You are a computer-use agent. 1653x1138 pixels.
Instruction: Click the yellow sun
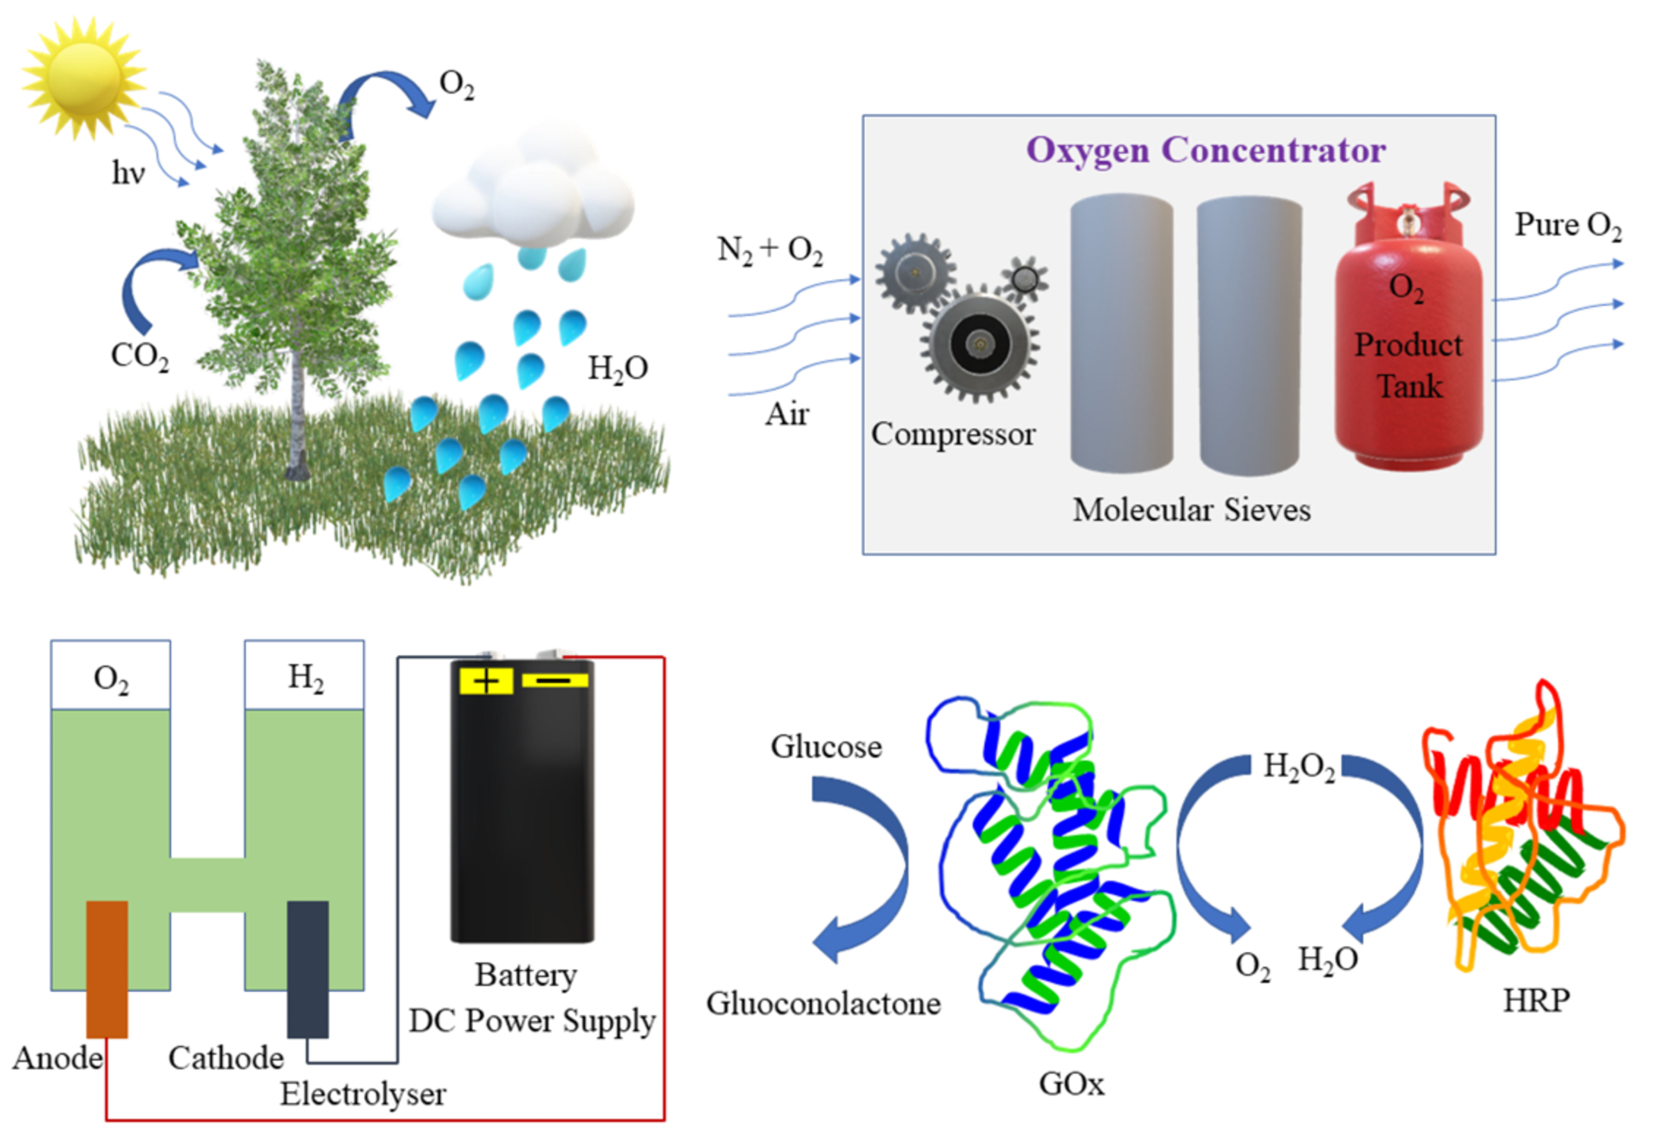pyautogui.click(x=83, y=77)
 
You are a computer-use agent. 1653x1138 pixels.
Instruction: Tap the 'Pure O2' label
pyautogui.click(x=1567, y=225)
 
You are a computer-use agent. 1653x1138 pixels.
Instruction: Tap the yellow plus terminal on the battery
pyautogui.click(x=486, y=681)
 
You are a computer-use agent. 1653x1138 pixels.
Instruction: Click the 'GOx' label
pyautogui.click(x=1071, y=1084)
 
